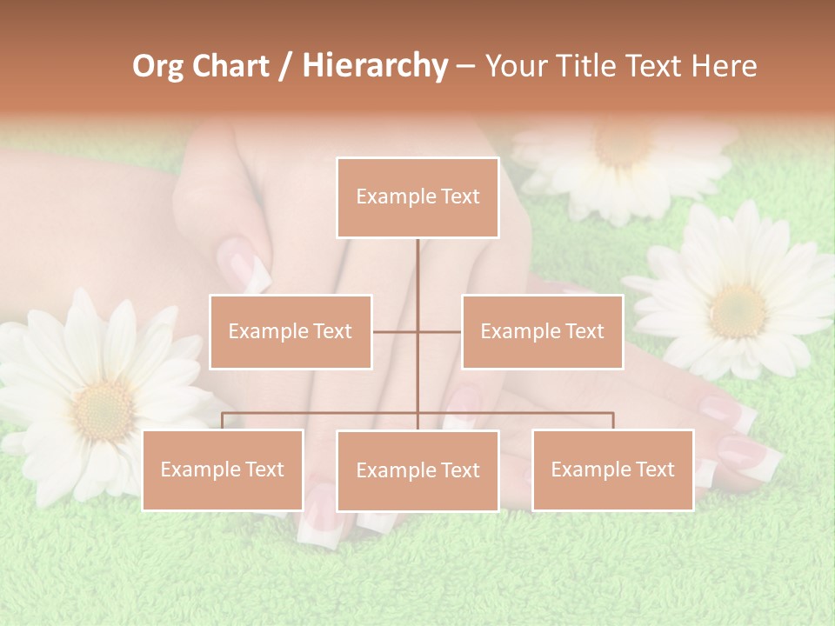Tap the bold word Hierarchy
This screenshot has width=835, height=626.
click(x=375, y=66)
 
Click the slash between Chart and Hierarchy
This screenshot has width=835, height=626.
click(x=285, y=67)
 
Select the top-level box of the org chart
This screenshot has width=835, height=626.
click(x=417, y=197)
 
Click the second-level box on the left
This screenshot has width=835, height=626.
click(x=291, y=331)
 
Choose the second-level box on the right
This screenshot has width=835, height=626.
click(x=542, y=331)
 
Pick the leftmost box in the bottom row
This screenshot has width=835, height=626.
click(x=223, y=469)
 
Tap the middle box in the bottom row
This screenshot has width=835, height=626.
click(x=417, y=470)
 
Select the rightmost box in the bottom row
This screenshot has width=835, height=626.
click(x=612, y=469)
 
